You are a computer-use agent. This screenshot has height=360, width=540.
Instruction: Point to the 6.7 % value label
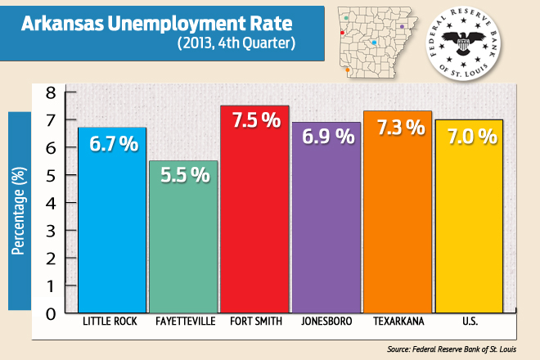pos(112,145)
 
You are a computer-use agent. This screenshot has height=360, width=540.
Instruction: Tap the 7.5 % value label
pos(254,121)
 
